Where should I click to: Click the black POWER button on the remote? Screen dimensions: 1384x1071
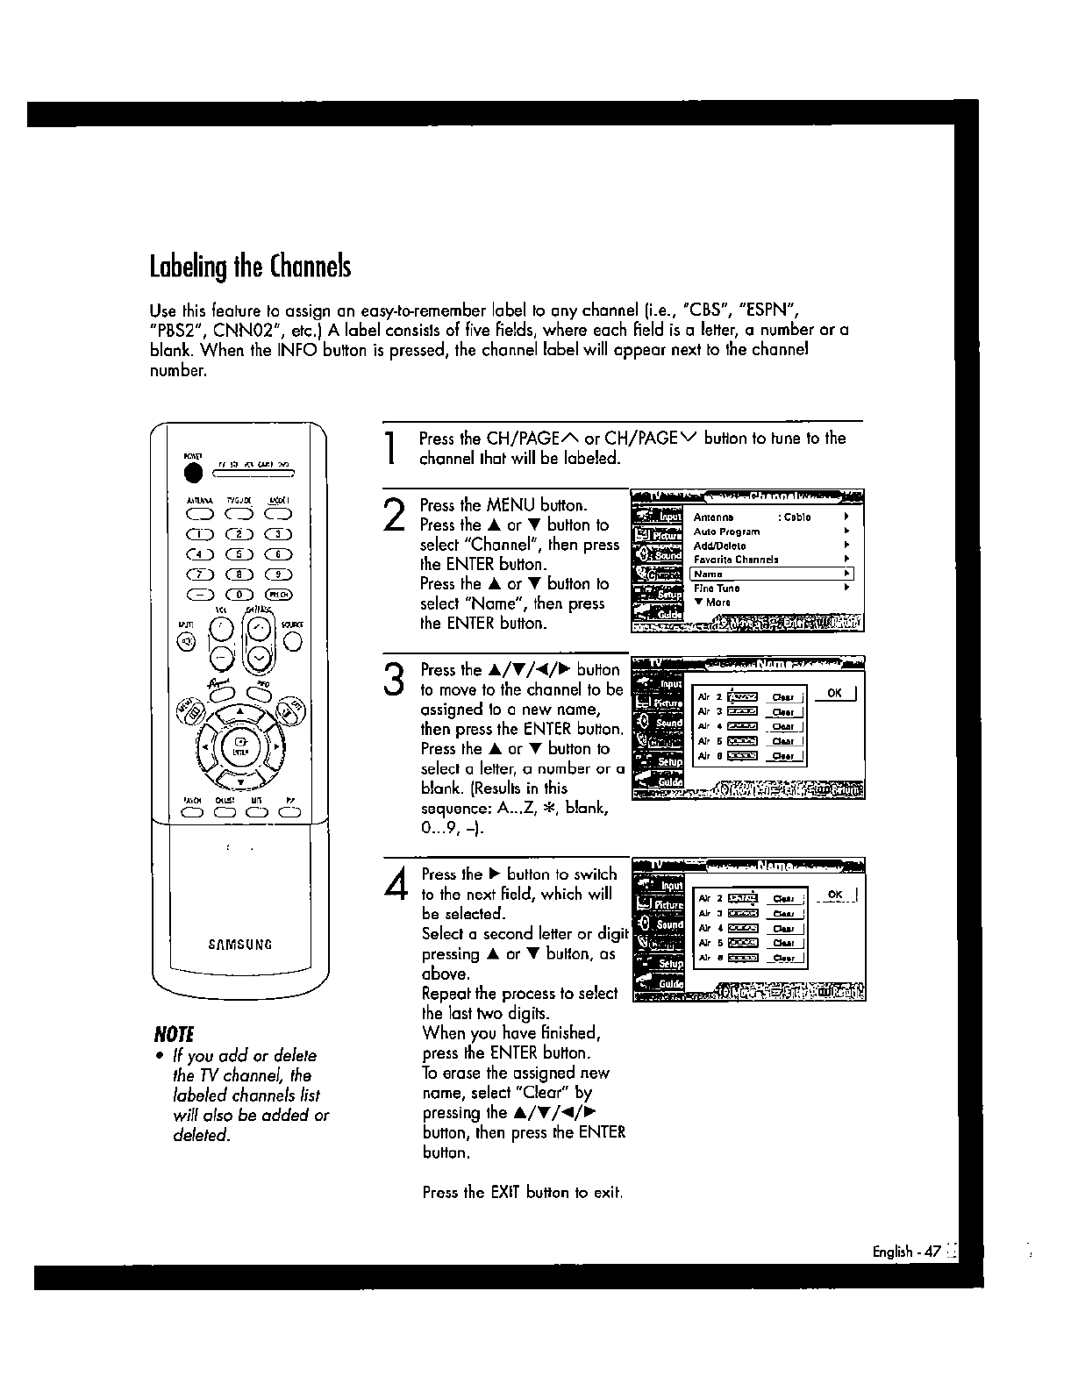193,473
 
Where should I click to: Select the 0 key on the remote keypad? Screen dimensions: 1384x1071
236,595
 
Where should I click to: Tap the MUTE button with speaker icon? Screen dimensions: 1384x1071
186,643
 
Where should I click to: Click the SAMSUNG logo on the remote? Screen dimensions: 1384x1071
240,945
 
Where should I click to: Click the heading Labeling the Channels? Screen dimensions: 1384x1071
250,265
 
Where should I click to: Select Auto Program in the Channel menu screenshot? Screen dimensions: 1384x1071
727,531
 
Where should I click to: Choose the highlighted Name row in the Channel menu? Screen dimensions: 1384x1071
771,574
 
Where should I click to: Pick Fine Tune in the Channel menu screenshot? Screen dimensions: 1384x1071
718,589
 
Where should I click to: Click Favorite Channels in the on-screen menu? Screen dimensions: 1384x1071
736,560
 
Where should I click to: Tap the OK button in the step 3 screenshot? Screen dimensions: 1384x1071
834,694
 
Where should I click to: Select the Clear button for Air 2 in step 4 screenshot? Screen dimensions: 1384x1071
783,899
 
